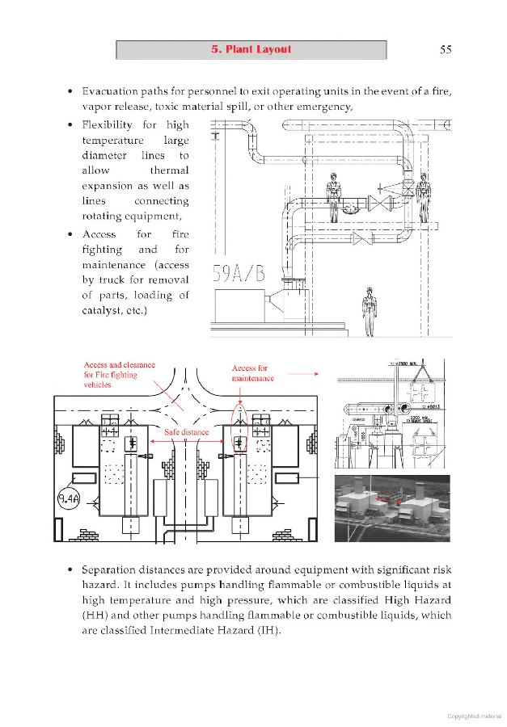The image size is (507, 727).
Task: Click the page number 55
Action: [445, 49]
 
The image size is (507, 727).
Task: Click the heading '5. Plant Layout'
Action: [251, 49]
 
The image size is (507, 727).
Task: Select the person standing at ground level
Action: [370, 312]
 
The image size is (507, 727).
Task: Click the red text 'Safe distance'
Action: [186, 432]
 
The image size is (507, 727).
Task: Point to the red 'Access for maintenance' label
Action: [252, 372]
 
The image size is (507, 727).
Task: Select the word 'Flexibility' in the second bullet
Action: [110, 125]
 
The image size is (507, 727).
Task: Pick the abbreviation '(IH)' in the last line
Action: [268, 630]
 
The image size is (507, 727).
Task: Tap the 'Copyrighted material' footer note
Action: [474, 716]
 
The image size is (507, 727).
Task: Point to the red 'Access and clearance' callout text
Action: [119, 365]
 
